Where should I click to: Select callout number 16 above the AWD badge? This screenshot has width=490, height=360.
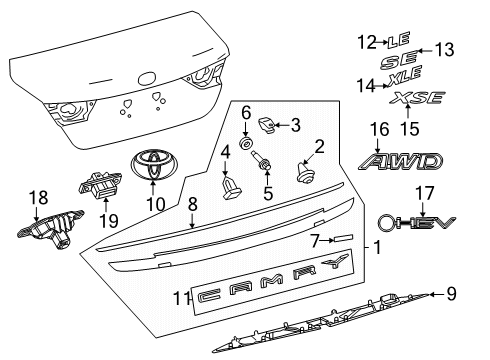point(377,129)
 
